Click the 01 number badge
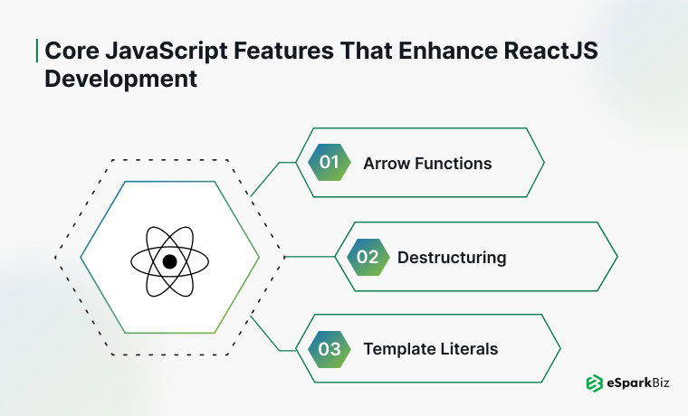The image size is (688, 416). point(329,164)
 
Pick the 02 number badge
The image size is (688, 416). point(367,257)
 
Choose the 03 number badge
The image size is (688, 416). point(329,348)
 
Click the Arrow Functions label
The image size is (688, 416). point(427,164)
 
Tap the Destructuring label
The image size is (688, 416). point(452,258)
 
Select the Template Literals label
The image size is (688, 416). point(430,348)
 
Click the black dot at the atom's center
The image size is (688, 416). point(169,261)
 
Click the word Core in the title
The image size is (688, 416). point(70,52)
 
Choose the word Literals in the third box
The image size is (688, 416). point(468,348)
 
